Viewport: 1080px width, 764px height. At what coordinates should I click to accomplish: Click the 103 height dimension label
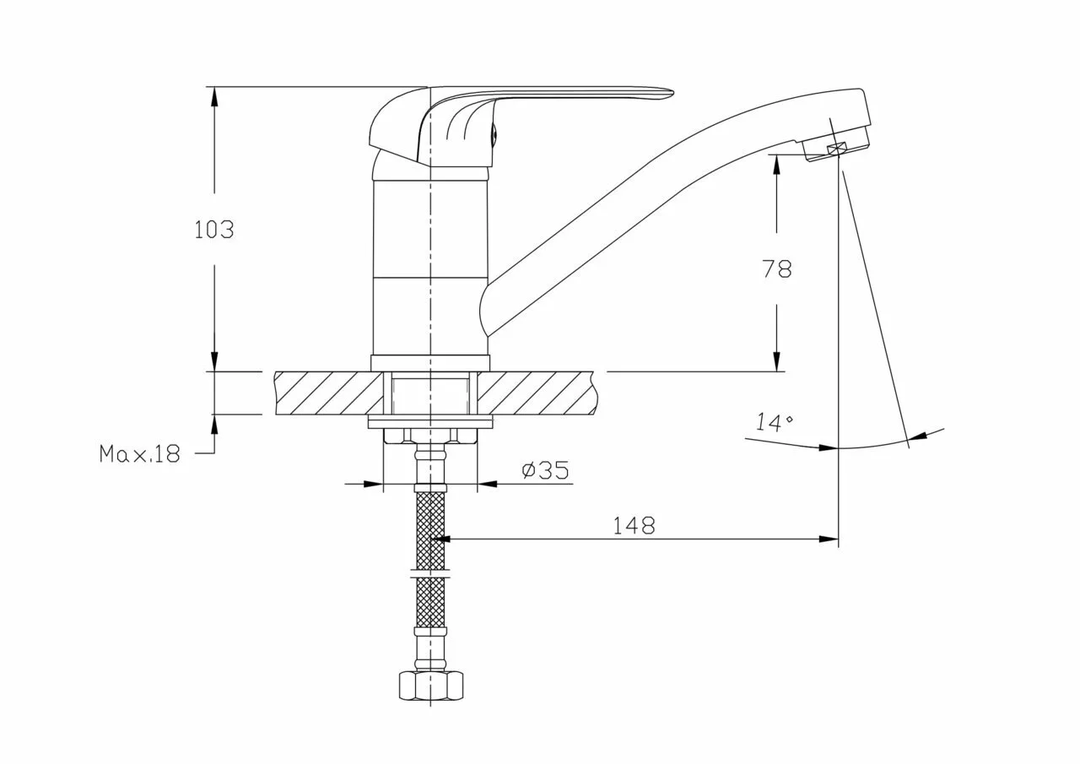214,230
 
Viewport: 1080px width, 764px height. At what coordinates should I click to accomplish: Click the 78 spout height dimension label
777,268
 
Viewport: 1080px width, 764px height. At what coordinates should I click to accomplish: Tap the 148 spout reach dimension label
634,526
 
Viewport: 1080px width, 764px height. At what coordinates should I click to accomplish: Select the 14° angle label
773,422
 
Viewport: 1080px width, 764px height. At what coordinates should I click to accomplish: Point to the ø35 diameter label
545,469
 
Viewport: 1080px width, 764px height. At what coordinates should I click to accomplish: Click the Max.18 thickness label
139,454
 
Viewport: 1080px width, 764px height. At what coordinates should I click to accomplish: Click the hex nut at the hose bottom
431,685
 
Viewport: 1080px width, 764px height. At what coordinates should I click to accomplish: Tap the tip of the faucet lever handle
672,91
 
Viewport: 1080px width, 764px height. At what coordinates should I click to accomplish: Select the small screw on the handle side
494,133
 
